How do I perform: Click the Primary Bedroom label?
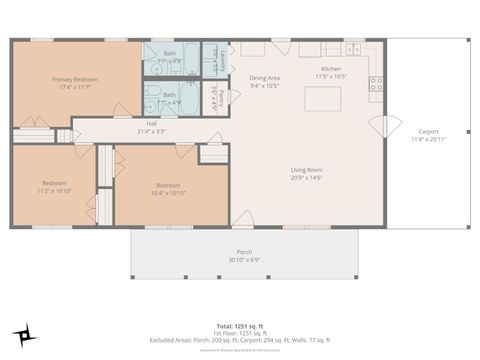pos(75,81)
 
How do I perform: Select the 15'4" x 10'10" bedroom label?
pos(168,188)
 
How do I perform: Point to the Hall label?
pos(151,126)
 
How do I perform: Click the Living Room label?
pos(306,173)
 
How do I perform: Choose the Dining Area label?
pos(264,81)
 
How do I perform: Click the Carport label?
pos(427,135)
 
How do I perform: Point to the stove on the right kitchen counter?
pos(377,85)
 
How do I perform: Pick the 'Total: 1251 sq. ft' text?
pos(240,326)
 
